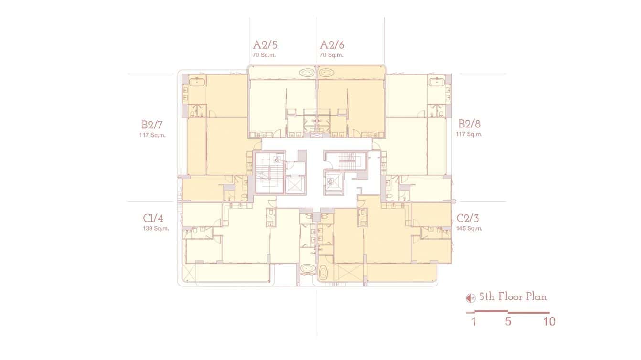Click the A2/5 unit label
265,45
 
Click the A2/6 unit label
332,45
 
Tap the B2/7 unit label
152,125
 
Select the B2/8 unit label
470,124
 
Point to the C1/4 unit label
153,219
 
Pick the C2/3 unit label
468,219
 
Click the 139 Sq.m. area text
156,229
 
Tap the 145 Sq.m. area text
469,229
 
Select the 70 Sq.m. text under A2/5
264,55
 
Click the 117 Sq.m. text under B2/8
469,134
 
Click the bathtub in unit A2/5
307,73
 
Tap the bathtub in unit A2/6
327,73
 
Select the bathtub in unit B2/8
437,82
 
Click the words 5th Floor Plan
513,297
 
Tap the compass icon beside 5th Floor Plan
470,298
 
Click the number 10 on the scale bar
549,322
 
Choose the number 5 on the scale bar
508,322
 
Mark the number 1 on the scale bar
474,322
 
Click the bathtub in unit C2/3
323,275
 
